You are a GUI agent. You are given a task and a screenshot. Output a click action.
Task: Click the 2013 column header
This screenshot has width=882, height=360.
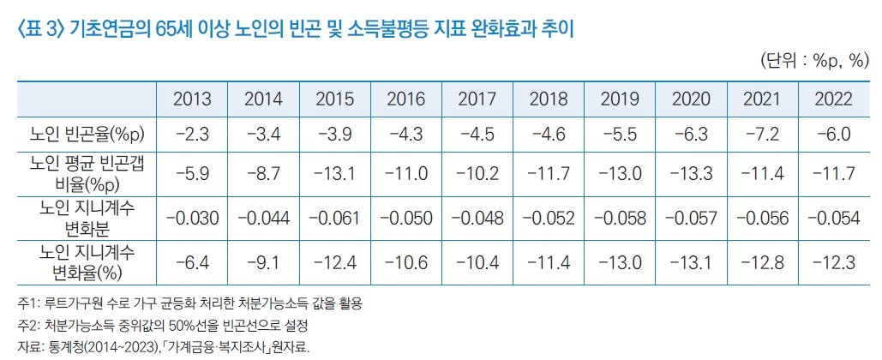[x=192, y=99]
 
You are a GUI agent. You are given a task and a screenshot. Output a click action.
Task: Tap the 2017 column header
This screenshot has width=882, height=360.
[x=477, y=99]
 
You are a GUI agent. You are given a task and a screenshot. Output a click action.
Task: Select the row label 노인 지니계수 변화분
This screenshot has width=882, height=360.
[x=86, y=218]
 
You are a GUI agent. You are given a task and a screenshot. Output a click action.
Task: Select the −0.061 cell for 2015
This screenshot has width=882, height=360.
[x=334, y=218]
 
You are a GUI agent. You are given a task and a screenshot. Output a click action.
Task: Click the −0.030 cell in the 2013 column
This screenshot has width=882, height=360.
[x=192, y=218]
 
